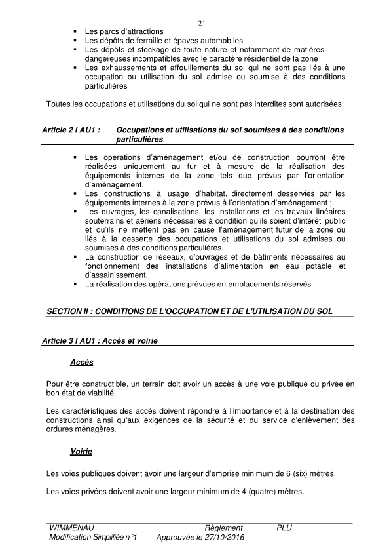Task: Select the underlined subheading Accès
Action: tap(82, 363)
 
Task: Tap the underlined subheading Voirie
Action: tap(81, 452)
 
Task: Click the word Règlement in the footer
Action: tap(223, 528)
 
